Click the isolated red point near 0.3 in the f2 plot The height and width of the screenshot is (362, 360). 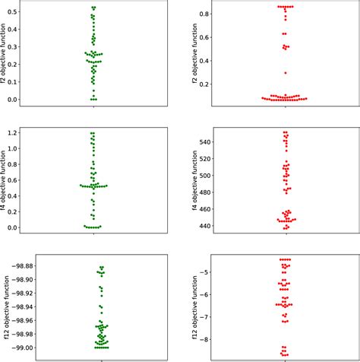click(x=286, y=73)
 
